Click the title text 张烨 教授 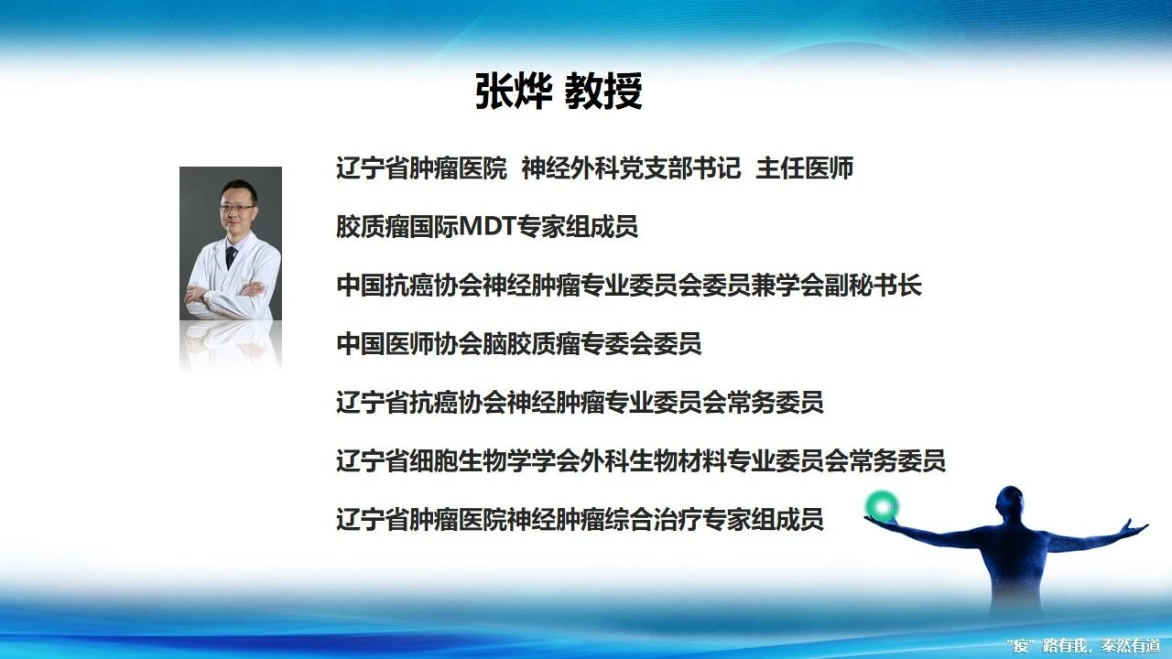click(559, 91)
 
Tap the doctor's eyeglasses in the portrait click(237, 208)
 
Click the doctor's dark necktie click(230, 257)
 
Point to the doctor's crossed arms click(226, 294)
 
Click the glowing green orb click(882, 506)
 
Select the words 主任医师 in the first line click(805, 167)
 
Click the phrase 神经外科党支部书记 click(631, 167)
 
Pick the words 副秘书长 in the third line click(873, 285)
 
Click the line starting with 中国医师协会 click(518, 343)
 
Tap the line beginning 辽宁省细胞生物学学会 click(640, 460)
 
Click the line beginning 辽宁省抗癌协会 click(580, 402)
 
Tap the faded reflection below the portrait click(231, 346)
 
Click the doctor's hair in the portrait click(239, 189)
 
